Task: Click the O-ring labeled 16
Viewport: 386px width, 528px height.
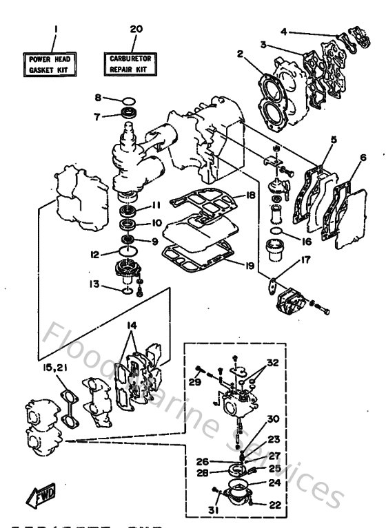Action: tap(277, 231)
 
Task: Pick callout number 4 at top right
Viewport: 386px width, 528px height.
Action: tap(283, 31)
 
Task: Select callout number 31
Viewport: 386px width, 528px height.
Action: tap(213, 510)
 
